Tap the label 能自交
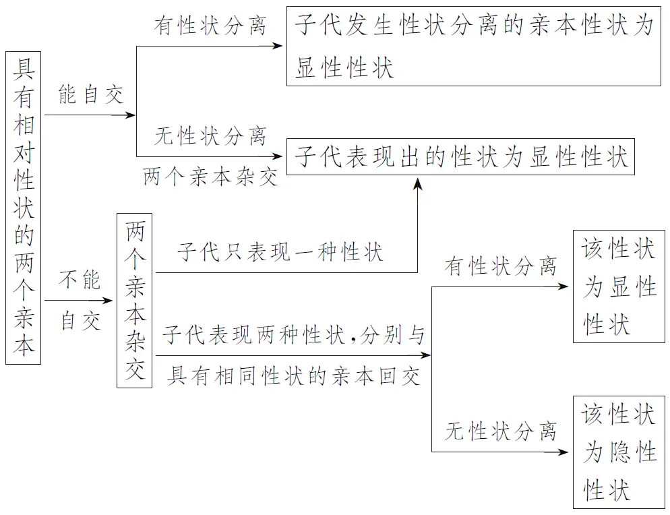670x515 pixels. click(91, 95)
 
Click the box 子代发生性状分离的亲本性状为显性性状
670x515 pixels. click(473, 46)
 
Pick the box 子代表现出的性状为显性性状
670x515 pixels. click(461, 158)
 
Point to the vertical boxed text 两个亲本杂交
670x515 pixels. click(135, 300)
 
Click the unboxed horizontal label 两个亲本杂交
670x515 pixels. click(210, 177)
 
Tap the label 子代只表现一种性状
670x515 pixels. click(280, 253)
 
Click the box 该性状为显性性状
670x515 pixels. click(618, 286)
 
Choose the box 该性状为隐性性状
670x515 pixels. click(618, 452)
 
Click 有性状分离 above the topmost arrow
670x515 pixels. click(210, 26)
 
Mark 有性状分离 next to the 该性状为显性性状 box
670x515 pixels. click(500, 266)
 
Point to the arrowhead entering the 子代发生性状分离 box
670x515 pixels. click(279, 46)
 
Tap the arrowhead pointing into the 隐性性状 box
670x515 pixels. click(566, 452)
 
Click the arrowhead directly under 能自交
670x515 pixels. click(131, 115)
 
